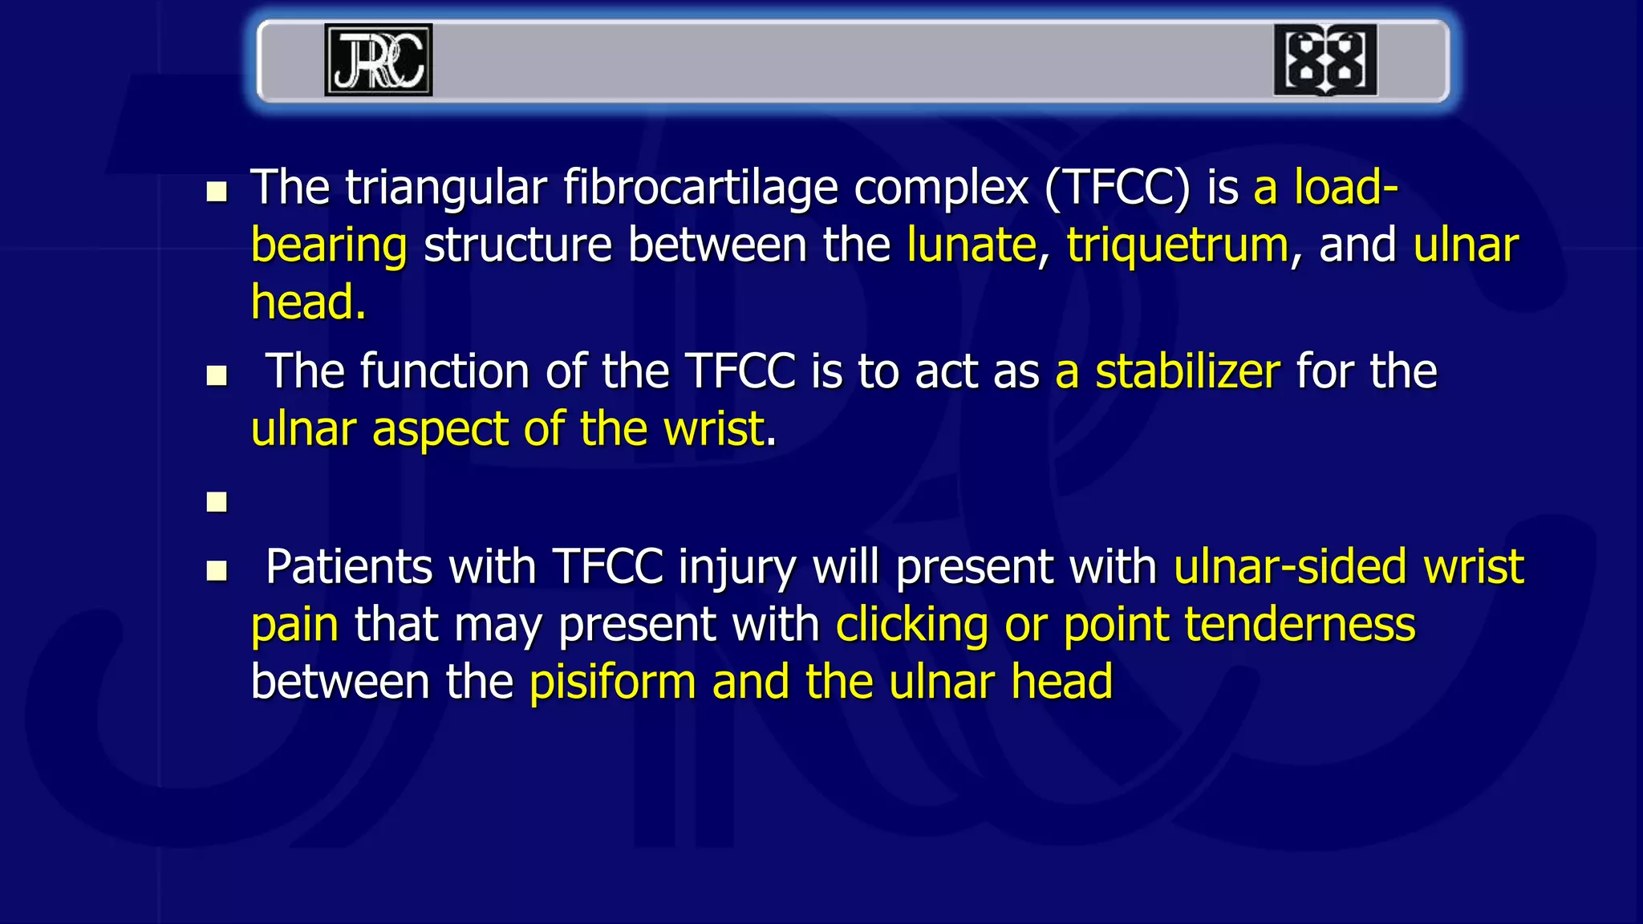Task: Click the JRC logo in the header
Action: tap(378, 60)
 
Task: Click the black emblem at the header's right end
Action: tap(1325, 60)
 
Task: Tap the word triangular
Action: tap(446, 189)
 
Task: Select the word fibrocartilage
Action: tap(700, 189)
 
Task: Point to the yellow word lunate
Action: tap(972, 245)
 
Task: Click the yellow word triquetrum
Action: tap(1177, 245)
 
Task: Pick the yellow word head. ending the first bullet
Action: tap(308, 303)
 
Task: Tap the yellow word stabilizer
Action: tap(1187, 372)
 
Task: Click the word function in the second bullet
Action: tap(444, 372)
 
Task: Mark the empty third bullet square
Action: tap(217, 502)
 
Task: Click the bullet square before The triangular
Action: tap(217, 192)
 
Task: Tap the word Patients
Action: tap(348, 568)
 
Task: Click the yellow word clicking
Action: tap(911, 626)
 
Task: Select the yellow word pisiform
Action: tap(612, 683)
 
